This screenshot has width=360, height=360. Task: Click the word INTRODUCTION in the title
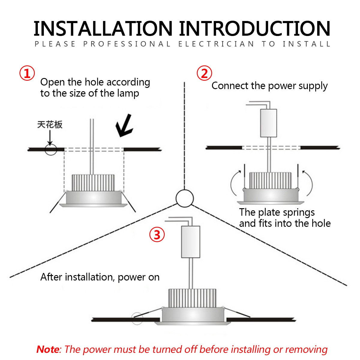[255, 29]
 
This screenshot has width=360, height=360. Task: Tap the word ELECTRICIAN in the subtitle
[216, 44]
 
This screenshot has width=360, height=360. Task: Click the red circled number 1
[27, 73]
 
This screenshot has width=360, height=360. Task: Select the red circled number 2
[204, 73]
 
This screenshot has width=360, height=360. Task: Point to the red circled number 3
[157, 235]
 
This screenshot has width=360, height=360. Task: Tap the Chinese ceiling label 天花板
[50, 124]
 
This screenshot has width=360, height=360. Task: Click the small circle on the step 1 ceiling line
[51, 149]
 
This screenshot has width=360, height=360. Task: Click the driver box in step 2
[268, 123]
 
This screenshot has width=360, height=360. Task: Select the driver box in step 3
[190, 242]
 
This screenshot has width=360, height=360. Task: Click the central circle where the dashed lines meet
[184, 198]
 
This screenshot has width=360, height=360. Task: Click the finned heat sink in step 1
[93, 182]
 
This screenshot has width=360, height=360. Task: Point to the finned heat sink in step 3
[192, 298]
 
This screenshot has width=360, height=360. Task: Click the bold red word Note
[48, 349]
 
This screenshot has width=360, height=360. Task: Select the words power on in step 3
[139, 277]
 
